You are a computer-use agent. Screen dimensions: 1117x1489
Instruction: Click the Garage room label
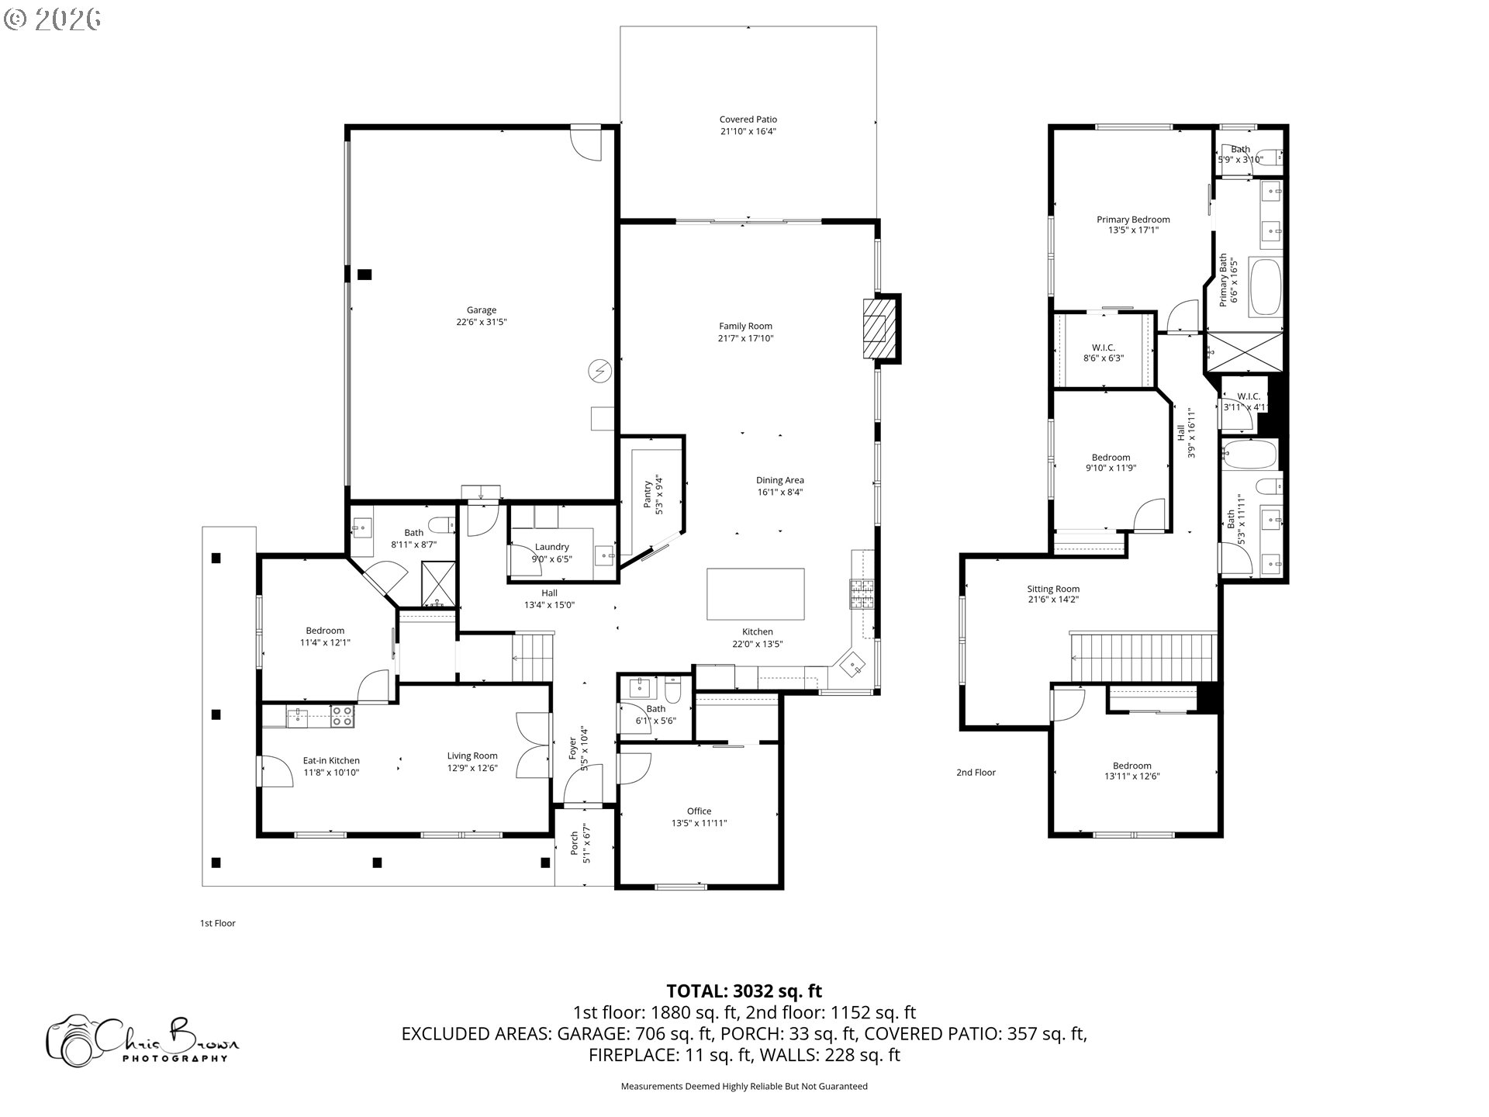pyautogui.click(x=481, y=310)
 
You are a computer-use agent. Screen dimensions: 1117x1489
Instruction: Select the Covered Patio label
pyautogui.click(x=748, y=119)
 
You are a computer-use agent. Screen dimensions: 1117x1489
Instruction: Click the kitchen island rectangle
pyautogui.click(x=755, y=593)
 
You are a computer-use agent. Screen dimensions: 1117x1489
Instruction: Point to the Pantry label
pyautogui.click(x=648, y=494)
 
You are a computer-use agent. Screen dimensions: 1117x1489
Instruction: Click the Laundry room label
pyautogui.click(x=551, y=547)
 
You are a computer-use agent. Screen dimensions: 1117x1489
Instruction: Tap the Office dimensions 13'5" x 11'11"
pyautogui.click(x=699, y=823)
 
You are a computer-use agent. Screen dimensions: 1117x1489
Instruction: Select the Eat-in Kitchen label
pyautogui.click(x=331, y=760)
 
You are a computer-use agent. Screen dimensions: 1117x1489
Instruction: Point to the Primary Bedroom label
pyautogui.click(x=1133, y=220)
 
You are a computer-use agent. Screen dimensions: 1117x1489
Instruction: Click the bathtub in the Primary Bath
pyautogui.click(x=1265, y=287)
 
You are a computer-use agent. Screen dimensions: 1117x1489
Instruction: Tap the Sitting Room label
pyautogui.click(x=1053, y=589)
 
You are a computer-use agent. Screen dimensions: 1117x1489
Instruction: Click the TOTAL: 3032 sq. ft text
pyautogui.click(x=744, y=991)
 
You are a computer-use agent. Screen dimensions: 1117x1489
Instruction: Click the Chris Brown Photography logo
pyautogui.click(x=143, y=1039)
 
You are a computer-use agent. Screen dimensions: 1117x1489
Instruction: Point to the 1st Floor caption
pyautogui.click(x=218, y=923)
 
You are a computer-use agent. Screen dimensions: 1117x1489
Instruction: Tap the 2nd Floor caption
pyautogui.click(x=976, y=773)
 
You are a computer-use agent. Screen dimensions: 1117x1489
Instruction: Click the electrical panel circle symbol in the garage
pyautogui.click(x=599, y=372)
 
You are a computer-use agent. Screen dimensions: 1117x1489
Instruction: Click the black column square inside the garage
pyautogui.click(x=364, y=274)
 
